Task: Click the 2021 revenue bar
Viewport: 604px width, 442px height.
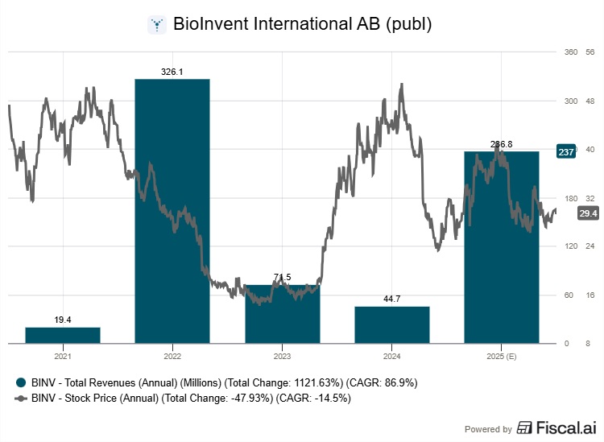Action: pos(63,335)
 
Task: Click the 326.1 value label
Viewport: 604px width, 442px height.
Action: pos(172,72)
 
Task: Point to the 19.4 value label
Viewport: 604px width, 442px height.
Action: pos(63,320)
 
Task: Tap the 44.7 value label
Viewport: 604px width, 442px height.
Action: pos(392,299)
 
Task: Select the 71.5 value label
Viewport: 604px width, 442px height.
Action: pos(282,278)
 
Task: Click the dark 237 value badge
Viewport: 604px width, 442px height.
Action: pos(565,152)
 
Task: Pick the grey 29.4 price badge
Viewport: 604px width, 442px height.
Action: pos(588,213)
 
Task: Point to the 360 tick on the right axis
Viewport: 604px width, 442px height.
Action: pos(571,52)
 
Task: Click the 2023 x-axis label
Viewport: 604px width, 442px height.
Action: pos(282,355)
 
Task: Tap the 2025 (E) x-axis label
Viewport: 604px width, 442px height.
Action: pos(502,355)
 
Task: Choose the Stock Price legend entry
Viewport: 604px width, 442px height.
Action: pos(189,398)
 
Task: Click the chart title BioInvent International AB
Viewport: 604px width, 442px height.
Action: pos(303,24)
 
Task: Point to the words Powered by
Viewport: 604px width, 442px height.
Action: pos(489,429)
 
